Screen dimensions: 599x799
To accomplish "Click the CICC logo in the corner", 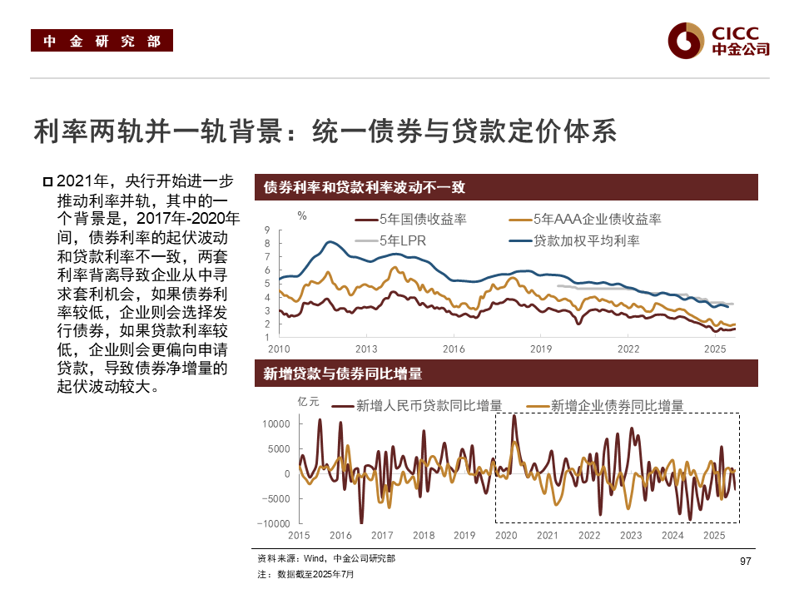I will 719,40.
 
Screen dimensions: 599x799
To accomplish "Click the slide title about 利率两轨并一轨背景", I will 325,131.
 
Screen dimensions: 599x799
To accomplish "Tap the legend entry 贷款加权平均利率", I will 586,241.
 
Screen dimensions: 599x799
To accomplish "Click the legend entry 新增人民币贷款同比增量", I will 429,406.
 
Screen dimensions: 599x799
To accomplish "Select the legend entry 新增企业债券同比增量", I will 617,406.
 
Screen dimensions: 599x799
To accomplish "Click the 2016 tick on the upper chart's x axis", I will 454,349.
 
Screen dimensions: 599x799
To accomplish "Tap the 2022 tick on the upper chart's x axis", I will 628,349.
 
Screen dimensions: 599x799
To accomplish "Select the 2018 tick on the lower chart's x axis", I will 424,536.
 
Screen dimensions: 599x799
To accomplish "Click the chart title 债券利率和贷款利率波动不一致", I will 364,187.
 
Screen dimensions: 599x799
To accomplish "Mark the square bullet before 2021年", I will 47,182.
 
